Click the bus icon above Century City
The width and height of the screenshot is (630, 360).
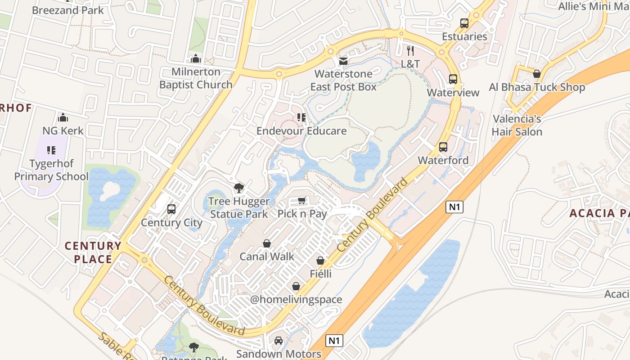coord(171,209)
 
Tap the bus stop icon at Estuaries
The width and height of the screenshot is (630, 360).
coord(464,23)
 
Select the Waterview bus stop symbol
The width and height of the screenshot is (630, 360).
coord(453,79)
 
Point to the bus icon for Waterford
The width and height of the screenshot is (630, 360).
coord(443,147)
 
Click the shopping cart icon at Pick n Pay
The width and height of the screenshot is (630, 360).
coord(302,201)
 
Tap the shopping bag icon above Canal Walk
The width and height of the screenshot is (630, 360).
coord(267,243)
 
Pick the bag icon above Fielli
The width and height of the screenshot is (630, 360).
coord(320,261)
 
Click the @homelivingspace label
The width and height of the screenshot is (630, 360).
coord(296,300)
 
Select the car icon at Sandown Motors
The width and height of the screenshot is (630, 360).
coord(279,341)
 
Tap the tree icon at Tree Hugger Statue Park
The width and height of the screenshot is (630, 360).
coord(239,188)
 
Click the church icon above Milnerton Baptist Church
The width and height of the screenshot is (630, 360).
coord(196,58)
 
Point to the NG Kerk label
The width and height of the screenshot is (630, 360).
coord(63,131)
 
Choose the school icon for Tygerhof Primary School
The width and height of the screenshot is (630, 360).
coord(51,150)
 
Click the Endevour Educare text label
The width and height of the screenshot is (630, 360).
coord(301,131)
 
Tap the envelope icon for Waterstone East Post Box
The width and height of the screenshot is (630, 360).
coord(343,61)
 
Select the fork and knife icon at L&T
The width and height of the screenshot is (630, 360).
coord(410,50)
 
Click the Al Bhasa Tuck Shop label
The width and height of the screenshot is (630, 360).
coord(537,87)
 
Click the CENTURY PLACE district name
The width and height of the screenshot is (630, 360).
coord(93,252)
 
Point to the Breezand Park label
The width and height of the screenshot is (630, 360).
coord(68,10)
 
